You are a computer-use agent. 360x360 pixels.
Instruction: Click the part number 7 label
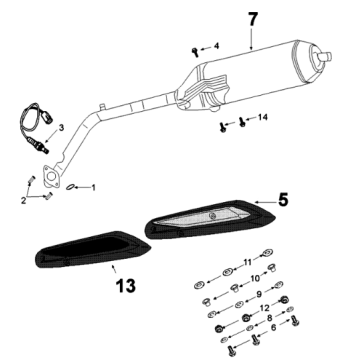click(252, 20)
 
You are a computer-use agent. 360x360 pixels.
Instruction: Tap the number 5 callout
click(284, 200)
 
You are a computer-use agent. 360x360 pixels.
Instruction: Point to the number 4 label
click(215, 46)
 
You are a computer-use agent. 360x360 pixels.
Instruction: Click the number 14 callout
click(263, 119)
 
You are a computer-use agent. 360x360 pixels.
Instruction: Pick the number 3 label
click(61, 129)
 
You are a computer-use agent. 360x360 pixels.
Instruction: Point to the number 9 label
click(261, 294)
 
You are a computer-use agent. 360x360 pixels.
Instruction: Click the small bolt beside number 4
click(193, 47)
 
